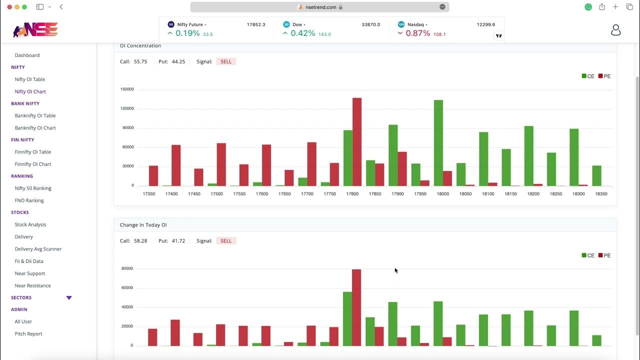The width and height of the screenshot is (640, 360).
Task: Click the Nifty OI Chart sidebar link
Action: click(x=30, y=91)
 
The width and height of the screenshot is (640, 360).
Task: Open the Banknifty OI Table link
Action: click(x=35, y=115)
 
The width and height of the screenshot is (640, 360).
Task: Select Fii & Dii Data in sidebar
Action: click(x=29, y=261)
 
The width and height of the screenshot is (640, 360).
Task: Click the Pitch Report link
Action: click(x=28, y=333)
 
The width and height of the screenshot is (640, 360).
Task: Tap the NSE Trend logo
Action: click(x=35, y=30)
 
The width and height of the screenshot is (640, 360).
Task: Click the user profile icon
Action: click(x=615, y=30)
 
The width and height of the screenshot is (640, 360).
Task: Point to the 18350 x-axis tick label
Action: click(x=600, y=193)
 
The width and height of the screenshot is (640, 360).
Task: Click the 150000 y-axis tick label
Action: click(x=127, y=89)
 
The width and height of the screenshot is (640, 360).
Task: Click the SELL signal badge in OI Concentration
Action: click(x=226, y=61)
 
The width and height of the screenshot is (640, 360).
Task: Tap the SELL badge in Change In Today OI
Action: click(x=226, y=240)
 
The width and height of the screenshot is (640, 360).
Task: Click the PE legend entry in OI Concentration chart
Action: click(x=604, y=76)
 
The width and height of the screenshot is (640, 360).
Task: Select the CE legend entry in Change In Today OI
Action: click(x=588, y=255)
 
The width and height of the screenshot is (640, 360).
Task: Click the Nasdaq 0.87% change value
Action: click(x=417, y=33)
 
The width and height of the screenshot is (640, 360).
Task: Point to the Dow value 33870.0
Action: click(x=370, y=24)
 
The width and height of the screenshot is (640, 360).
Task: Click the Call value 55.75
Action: click(x=140, y=61)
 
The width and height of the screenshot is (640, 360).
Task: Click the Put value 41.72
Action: click(x=178, y=240)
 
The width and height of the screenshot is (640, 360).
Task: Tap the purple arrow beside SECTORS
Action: click(x=69, y=297)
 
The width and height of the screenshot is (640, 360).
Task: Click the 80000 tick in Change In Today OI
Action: click(x=127, y=268)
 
